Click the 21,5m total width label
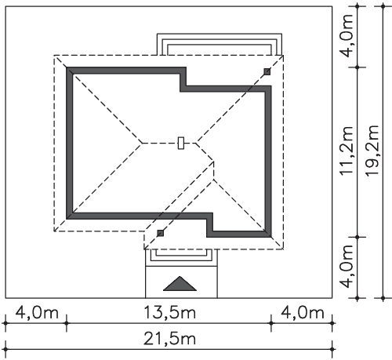coord(169,339)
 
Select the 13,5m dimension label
coord(170,313)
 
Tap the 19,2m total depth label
coord(372,151)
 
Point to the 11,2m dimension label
coord(346,151)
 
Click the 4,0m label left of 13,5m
coord(37,313)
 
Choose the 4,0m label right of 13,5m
coord(303,313)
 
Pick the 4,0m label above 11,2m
coord(347,36)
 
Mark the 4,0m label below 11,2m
coord(347,266)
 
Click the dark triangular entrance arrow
coord(180,284)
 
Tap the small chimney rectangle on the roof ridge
coord(181,143)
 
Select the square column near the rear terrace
coord(267,71)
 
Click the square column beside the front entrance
coord(161,233)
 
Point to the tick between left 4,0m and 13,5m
coord(67,323)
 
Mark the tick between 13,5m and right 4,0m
coord(271,323)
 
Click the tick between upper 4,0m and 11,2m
coord(358,67)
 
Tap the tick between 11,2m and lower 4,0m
coord(358,237)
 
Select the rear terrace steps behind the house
coord(220,44)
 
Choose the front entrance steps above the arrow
coord(181,257)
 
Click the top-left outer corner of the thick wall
coord(67,67)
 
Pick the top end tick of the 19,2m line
coord(383,6)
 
